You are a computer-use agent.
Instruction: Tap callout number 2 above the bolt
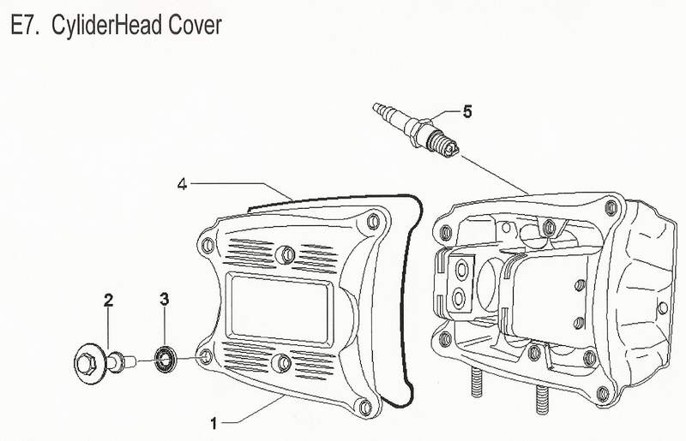pos(109,300)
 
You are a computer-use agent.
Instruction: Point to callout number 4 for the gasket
pos(182,183)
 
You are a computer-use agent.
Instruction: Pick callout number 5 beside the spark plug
pos(467,110)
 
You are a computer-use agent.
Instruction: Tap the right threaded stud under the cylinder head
pos(542,398)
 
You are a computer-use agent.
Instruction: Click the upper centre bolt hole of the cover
pos(287,253)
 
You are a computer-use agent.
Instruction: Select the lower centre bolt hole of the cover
pos(280,363)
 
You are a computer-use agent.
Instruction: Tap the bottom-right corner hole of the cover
pos(366,405)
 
